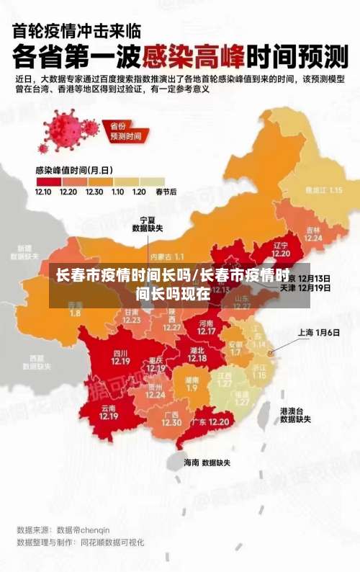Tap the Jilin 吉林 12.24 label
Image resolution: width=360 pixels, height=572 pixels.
(x=313, y=233)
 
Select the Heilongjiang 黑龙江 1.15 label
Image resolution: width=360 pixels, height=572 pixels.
(x=323, y=190)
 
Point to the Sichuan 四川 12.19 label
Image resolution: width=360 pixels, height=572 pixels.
(x=120, y=357)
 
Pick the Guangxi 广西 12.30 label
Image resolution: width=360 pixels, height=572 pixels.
(x=171, y=419)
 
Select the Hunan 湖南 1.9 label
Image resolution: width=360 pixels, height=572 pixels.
(x=192, y=383)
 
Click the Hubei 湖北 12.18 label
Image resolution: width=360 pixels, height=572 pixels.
(x=197, y=354)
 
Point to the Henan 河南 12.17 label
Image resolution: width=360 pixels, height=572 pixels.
(x=206, y=328)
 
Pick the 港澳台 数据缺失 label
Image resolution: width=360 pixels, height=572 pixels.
(x=295, y=414)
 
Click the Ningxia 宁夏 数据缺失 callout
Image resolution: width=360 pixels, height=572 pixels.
(x=147, y=223)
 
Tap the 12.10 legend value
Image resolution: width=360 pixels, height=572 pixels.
(x=42, y=192)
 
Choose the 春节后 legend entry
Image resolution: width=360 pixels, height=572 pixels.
(x=166, y=192)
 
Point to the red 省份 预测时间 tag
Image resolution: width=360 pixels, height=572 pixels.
(x=124, y=131)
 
